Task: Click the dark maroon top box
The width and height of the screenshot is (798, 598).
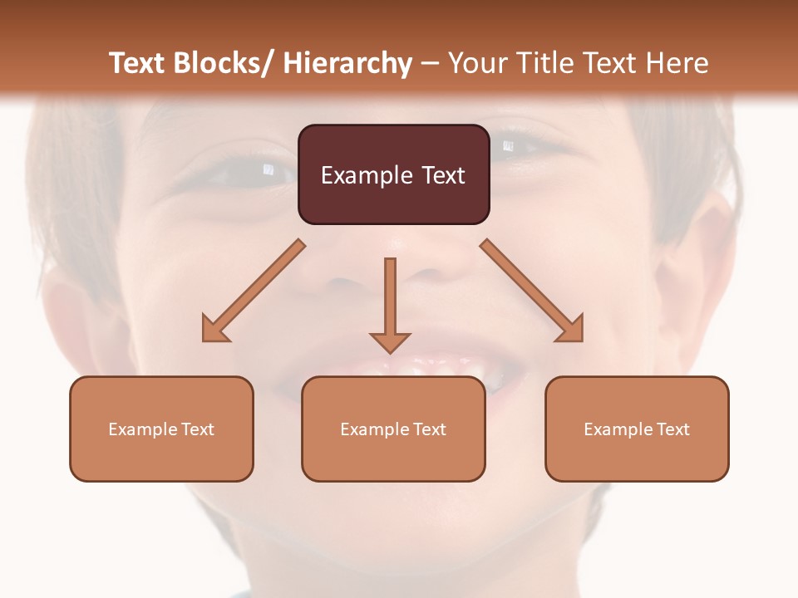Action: [x=393, y=174]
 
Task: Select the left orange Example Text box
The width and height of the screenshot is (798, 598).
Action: [x=161, y=429]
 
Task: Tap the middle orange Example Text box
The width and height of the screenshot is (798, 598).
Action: [x=393, y=429]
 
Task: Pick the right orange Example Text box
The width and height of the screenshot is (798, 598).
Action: [x=637, y=429]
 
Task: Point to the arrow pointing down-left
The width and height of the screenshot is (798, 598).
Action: [x=254, y=291]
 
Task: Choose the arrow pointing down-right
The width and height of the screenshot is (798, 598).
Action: [x=532, y=291]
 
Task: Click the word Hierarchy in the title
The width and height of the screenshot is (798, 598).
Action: [x=347, y=63]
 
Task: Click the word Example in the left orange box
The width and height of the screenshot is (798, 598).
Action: [x=142, y=429]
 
